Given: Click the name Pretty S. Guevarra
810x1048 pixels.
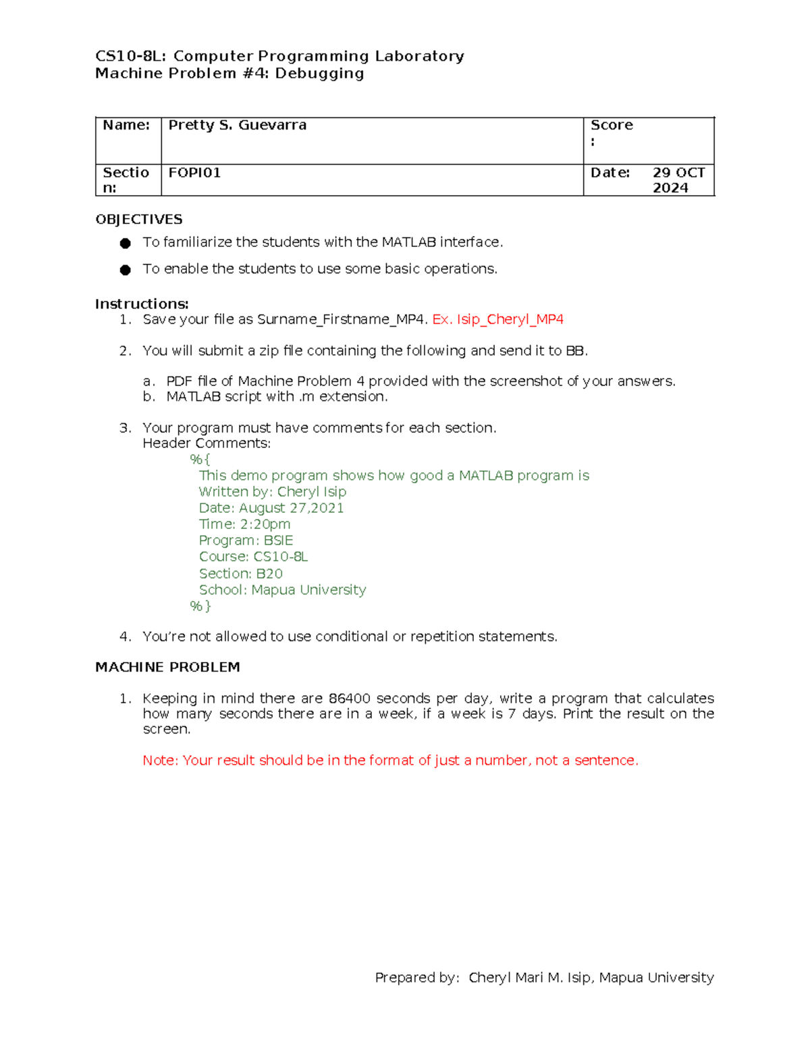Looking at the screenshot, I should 237,125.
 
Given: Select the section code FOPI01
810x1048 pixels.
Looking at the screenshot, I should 194,173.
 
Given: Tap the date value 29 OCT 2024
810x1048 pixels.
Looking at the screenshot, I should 678,180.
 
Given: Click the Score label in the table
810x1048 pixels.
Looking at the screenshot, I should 612,126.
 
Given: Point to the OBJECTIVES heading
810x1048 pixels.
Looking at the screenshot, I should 138,219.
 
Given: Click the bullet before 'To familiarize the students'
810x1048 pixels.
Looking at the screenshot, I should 125,244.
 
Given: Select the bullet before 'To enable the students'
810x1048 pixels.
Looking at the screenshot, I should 125,270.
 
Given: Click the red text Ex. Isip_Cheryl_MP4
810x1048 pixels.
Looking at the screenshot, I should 497,319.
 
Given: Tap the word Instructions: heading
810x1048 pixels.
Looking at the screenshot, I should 142,304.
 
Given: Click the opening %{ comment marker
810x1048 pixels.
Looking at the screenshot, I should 200,460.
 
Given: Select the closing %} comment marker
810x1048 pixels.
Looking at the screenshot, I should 200,606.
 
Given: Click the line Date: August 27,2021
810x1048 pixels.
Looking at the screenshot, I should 271,508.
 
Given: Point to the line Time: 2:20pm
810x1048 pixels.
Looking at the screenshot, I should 244,524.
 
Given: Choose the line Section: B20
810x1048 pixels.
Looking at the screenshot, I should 240,574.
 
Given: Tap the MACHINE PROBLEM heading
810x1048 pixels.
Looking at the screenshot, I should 167,667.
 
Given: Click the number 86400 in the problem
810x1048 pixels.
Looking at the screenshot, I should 350,698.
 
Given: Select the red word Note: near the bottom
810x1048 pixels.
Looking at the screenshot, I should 161,761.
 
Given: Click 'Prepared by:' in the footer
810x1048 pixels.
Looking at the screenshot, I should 417,978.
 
